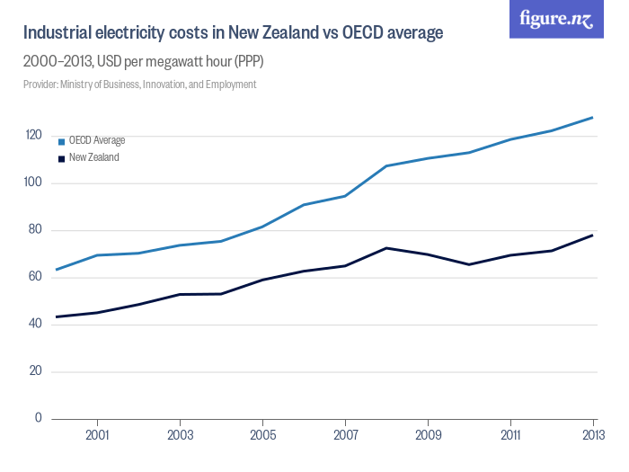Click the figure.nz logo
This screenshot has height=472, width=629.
coord(556,19)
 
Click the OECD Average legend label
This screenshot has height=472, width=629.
coord(97,140)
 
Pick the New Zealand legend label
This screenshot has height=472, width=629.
coord(93,157)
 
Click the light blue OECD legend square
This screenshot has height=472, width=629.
coord(61,142)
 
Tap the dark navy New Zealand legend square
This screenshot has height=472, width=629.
coord(61,159)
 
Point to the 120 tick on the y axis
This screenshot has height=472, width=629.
coord(34,135)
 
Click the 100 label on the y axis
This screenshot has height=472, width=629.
coord(33,183)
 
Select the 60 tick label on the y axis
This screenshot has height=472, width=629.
coord(35,277)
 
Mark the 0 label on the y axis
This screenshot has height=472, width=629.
coord(38,418)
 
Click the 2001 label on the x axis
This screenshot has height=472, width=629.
coord(97,435)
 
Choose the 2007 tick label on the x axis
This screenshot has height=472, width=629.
coord(345,435)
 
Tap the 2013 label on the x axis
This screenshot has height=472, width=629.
coord(593,435)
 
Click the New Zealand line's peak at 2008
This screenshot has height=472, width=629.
coord(386,248)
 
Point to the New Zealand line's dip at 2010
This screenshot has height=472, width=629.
coord(469,264)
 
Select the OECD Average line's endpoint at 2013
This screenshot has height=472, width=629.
coord(592,118)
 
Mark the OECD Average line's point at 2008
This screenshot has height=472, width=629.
coord(386,165)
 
